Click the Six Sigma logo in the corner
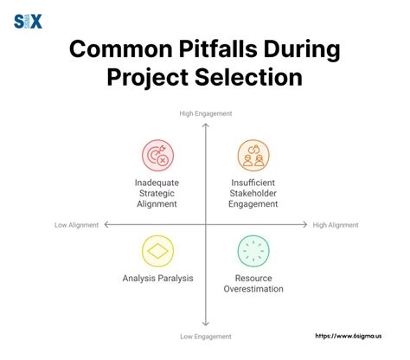pos(28,21)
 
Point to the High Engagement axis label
pos(205,113)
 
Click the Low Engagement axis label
pos(205,335)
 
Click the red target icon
pos(157,155)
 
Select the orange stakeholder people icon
pos(253,155)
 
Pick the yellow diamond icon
pos(157,251)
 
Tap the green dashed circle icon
pos(253,251)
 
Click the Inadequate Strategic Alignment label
pos(157,194)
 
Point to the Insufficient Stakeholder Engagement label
pos(253,194)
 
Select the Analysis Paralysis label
pos(157,278)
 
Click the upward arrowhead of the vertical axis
pos(205,125)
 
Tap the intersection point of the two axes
pos(205,224)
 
